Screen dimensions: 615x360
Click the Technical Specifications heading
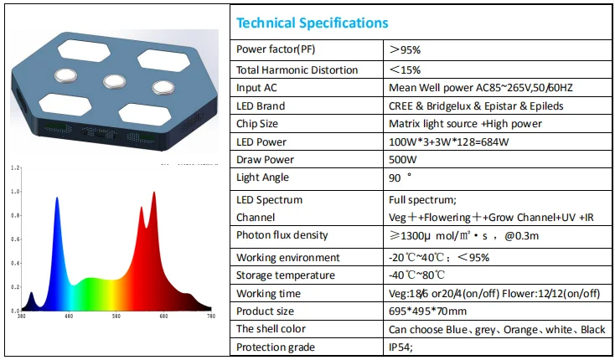pyautogui.click(x=313, y=23)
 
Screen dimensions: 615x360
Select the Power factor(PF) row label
pyautogui.click(x=276, y=49)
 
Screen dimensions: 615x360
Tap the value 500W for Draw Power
pyautogui.click(x=403, y=160)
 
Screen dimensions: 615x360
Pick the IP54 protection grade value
pyautogui.click(x=401, y=347)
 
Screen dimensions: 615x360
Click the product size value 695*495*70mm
pyautogui.click(x=427, y=311)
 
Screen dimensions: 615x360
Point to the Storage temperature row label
pyautogui.click(x=286, y=275)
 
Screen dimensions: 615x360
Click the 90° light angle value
pyautogui.click(x=400, y=177)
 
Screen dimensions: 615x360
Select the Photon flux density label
pyautogui.click(x=282, y=235)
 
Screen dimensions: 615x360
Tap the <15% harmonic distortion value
pyautogui.click(x=406, y=70)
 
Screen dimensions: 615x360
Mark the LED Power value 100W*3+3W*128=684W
pyautogui.click(x=449, y=141)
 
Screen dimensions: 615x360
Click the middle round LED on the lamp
pyautogui.click(x=115, y=81)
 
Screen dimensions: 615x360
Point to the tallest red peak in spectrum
pyautogui.click(x=154, y=193)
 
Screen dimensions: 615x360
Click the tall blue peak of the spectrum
pyautogui.click(x=57, y=199)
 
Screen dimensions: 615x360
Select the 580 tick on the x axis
pyautogui.click(x=116, y=316)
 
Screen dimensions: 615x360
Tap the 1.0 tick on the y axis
pyautogui.click(x=15, y=192)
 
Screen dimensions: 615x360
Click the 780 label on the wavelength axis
pyautogui.click(x=211, y=316)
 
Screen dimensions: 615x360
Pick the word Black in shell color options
pyautogui.click(x=592, y=330)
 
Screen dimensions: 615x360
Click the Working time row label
pyautogui.click(x=268, y=293)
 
